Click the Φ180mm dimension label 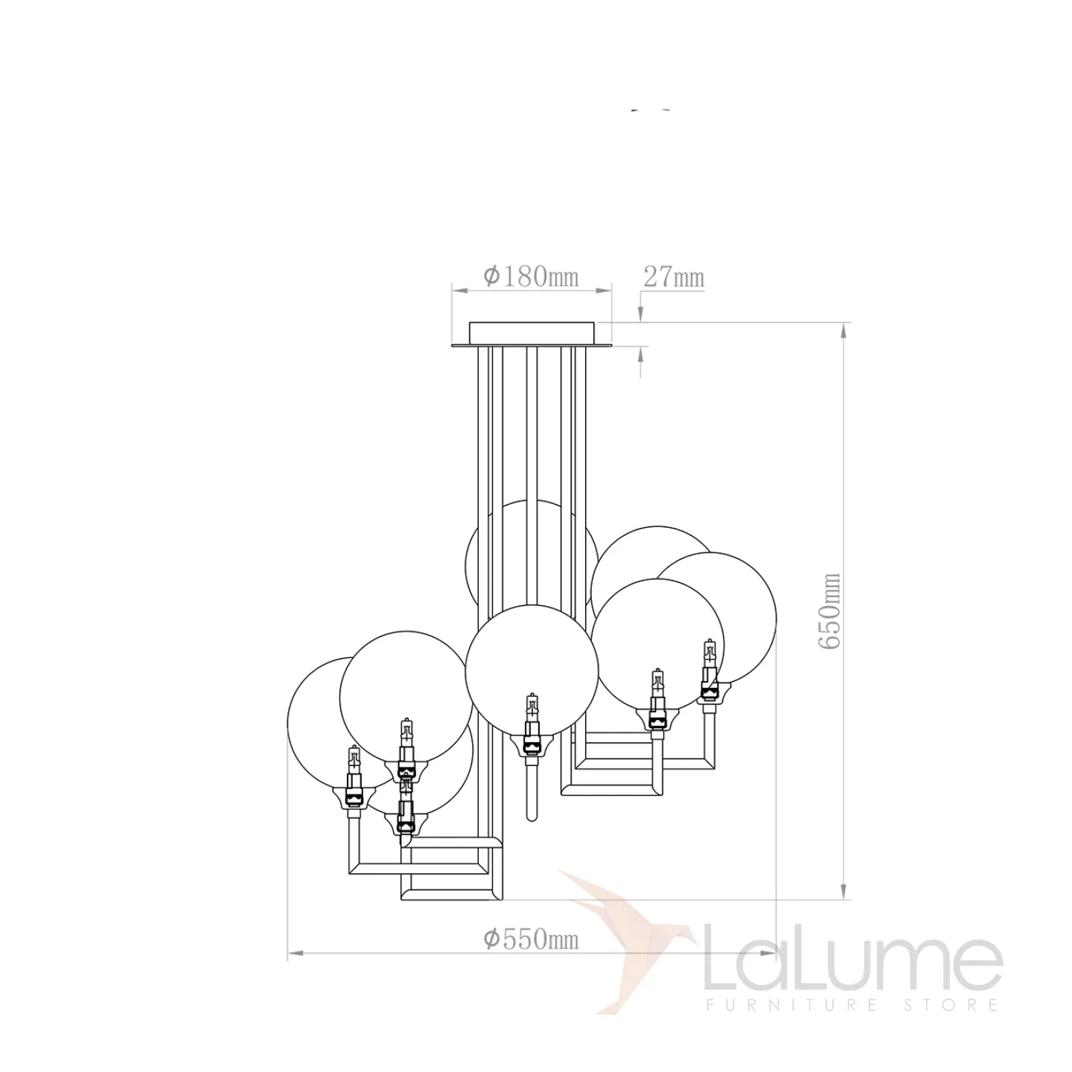point(532,276)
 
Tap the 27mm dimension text point(674,276)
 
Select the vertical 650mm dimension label point(829,610)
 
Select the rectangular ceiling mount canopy point(532,333)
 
